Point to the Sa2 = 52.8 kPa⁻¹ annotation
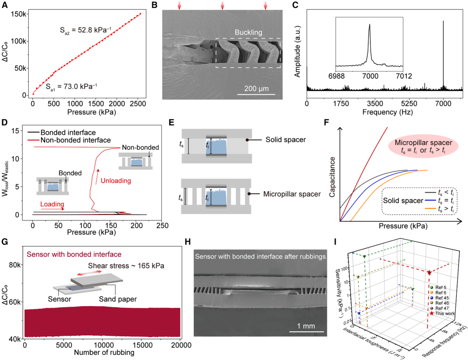(85, 30)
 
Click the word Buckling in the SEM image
(249, 32)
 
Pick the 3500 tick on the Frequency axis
(375, 104)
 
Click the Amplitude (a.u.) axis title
(297, 51)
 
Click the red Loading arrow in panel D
(56, 208)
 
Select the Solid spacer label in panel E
(279, 140)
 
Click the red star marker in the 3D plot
(429, 272)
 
